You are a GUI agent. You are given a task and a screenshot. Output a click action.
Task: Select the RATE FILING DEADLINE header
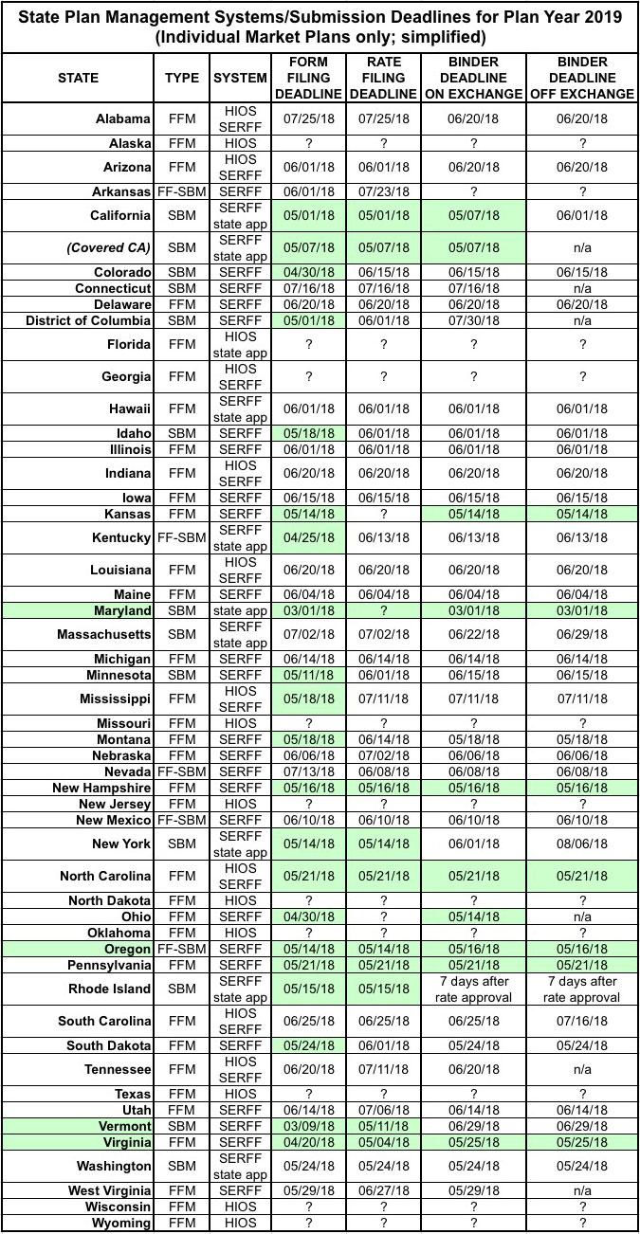[383, 78]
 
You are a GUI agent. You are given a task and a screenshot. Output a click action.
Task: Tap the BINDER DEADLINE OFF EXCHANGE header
[582, 78]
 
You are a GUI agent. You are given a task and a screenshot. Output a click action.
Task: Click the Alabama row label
[123, 119]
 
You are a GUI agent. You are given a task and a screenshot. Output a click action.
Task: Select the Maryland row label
[122, 610]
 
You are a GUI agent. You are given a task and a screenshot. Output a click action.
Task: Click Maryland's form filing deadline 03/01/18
[309, 610]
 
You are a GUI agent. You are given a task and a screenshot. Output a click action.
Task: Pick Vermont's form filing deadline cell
[309, 1126]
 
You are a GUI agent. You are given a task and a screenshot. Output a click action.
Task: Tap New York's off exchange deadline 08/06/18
[582, 844]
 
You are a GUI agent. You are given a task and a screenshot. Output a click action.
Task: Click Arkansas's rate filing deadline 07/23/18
[383, 191]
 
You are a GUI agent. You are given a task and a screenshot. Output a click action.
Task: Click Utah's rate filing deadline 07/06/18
[383, 1110]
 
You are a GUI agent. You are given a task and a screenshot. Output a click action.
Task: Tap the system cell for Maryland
[240, 610]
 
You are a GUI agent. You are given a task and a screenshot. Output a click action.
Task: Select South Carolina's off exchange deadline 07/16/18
[582, 1021]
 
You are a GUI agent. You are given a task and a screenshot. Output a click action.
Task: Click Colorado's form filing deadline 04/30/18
[309, 272]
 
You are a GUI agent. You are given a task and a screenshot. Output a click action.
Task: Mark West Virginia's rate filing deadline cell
[383, 1190]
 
